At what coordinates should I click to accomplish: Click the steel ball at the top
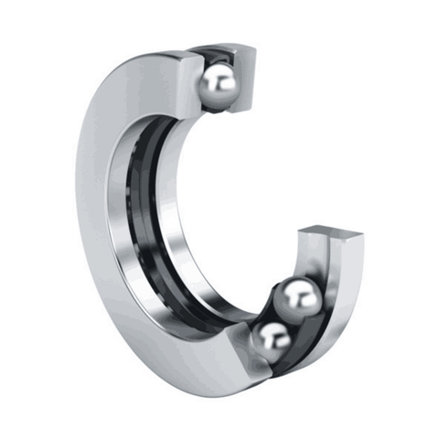[219, 84]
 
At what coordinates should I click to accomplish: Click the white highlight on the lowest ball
[271, 334]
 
